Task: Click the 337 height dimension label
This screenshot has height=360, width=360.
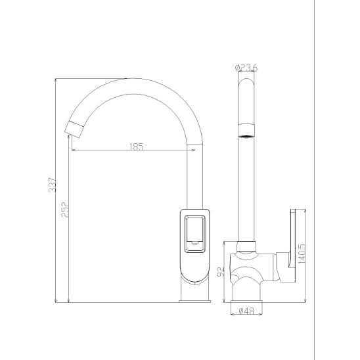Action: (53, 185)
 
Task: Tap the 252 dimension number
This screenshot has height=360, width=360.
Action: (65, 210)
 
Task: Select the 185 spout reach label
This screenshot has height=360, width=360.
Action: (137, 146)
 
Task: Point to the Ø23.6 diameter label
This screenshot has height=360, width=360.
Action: (246, 68)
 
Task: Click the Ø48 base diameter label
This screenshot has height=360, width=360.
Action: (246, 311)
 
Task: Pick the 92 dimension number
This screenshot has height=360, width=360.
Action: (221, 272)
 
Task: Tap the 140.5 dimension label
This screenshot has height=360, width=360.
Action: (302, 254)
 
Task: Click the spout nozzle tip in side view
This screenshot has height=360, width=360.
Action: (74, 129)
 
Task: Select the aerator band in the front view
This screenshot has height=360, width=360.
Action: (246, 131)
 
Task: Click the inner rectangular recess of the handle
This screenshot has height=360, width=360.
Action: (194, 234)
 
